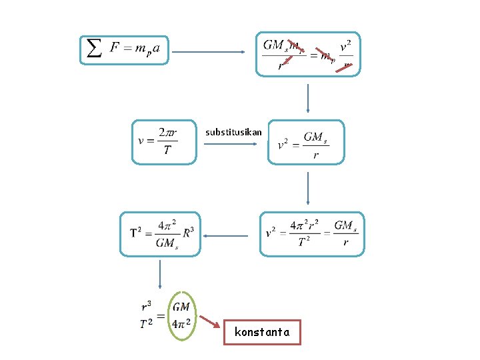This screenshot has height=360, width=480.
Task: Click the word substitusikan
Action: click(x=233, y=132)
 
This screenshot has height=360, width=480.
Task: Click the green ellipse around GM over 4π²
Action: click(x=181, y=316)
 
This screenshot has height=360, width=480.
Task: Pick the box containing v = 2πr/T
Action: click(x=165, y=142)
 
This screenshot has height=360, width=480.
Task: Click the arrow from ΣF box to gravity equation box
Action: click(x=211, y=52)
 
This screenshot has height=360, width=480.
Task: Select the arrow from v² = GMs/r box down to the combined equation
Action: click(x=307, y=188)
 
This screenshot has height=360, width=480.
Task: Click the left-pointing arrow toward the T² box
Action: click(x=226, y=235)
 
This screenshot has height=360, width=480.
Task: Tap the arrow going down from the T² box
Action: click(x=160, y=274)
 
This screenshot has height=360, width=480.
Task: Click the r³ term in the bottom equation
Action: click(x=147, y=307)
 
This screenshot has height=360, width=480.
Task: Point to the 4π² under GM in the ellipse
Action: click(x=181, y=324)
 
